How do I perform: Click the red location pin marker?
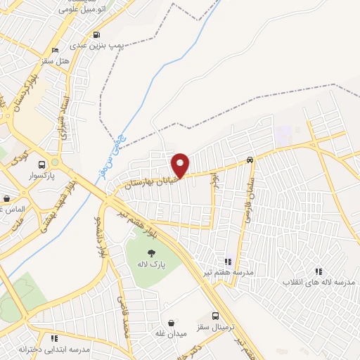181,165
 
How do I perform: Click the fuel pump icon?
96,34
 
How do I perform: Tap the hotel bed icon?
54,51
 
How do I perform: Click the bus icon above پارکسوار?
41,163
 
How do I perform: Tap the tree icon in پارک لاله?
151,253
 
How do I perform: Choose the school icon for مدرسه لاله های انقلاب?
318,271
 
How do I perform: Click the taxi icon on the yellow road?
250,160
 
